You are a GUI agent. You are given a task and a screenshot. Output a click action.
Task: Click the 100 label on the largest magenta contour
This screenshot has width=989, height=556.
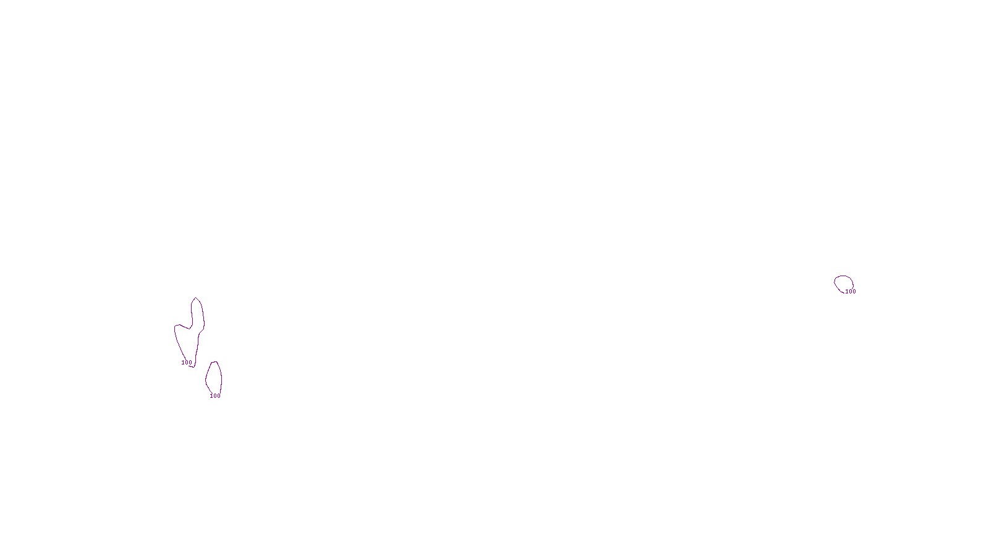point(187,363)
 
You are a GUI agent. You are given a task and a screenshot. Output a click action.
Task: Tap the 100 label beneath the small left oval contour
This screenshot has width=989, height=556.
point(215,396)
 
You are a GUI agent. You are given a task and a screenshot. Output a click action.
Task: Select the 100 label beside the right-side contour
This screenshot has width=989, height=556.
point(851,292)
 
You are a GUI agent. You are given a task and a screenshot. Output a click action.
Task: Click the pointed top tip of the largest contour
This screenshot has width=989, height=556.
point(195,298)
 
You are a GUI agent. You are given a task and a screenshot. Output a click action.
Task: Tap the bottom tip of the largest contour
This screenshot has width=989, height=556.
point(193,367)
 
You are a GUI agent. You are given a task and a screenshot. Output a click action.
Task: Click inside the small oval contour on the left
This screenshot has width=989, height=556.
point(214,378)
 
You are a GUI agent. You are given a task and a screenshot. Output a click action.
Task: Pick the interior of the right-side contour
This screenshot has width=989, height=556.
point(844,284)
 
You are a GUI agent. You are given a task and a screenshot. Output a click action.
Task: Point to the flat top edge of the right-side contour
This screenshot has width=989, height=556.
point(844,276)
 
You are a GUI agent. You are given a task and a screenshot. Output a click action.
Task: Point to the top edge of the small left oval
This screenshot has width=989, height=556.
point(214,362)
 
